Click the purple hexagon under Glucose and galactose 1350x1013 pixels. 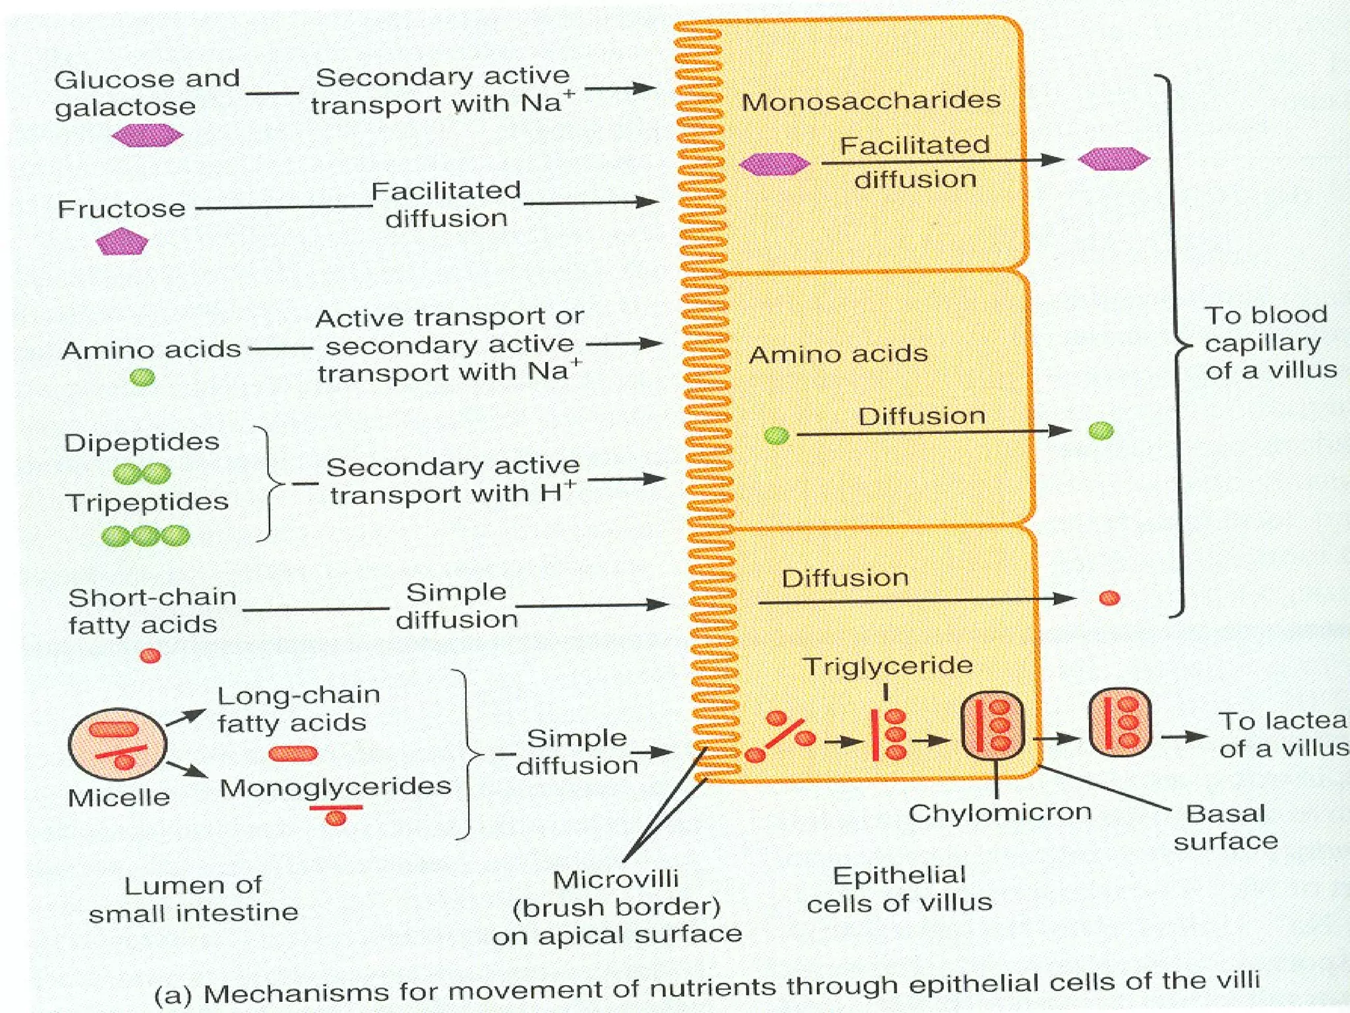[x=147, y=136]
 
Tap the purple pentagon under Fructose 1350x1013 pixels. [x=122, y=242]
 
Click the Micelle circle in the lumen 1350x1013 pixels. [x=118, y=745]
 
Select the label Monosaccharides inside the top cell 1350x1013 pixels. [x=871, y=101]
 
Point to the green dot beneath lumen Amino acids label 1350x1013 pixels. [x=142, y=377]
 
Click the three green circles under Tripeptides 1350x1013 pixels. [x=146, y=536]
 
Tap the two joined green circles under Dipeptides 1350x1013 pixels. [x=142, y=473]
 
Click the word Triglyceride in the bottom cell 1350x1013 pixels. [x=887, y=665]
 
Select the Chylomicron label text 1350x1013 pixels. [x=999, y=812]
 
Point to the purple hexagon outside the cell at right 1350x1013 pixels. [x=1113, y=158]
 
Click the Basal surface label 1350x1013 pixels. [x=1225, y=827]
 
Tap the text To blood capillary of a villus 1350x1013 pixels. [x=1269, y=342]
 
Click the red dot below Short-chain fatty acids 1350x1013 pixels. [x=150, y=656]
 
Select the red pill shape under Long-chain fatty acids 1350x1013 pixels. [x=293, y=753]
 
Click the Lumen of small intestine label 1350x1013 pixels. [x=193, y=899]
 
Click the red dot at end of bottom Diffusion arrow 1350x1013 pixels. [x=1109, y=598]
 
